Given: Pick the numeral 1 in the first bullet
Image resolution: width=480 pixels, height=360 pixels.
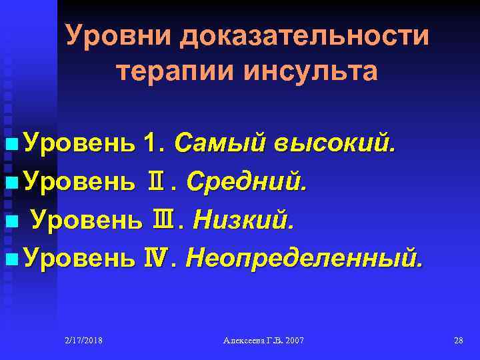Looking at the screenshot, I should pos(150,142).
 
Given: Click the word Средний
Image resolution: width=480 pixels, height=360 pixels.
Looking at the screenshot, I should pos(247,180).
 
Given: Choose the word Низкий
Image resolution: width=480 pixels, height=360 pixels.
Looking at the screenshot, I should pos(243,218).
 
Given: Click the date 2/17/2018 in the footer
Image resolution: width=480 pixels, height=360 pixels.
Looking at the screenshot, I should pos(83,341).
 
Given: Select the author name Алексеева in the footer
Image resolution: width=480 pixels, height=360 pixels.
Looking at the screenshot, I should pos(245,341).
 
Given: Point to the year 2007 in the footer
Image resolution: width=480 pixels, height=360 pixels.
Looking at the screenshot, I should pos(293,341).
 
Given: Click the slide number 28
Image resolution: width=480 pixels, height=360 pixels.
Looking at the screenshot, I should pos(458,341).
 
